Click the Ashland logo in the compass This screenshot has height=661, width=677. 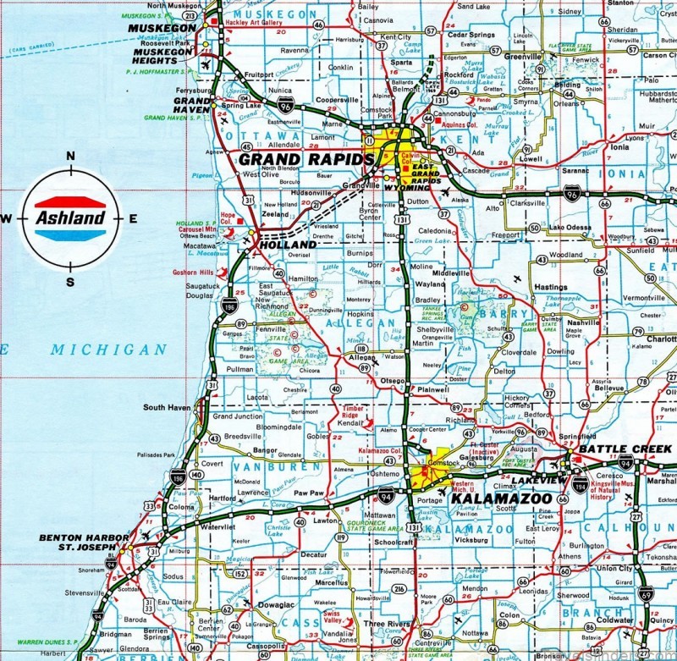coord(70,218)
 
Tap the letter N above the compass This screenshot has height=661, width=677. coord(71,156)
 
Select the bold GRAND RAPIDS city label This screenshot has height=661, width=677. coord(305,159)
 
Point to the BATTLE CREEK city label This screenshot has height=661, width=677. coord(614,449)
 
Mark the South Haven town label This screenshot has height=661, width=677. coord(168,407)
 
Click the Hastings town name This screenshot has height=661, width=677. coord(551,287)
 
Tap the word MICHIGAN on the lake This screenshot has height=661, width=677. coord(107,349)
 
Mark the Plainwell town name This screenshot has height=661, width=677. coord(433,390)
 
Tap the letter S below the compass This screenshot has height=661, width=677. coord(70,282)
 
